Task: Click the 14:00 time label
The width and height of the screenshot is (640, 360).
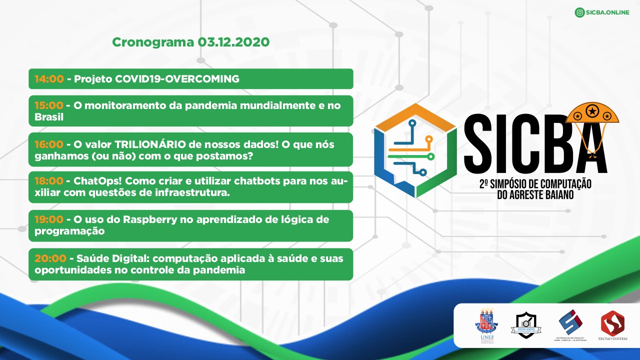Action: pos(49,79)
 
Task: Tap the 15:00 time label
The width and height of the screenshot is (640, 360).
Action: pos(49,105)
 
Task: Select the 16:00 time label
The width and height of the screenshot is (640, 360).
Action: pos(49,144)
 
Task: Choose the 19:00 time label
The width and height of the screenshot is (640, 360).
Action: pos(49,219)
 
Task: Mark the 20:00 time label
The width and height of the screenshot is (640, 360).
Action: pos(50,258)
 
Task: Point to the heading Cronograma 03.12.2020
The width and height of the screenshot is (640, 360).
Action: pos(190,42)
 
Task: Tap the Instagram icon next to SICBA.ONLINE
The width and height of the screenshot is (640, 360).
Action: pos(580,12)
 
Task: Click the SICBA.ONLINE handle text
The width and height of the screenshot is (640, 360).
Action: pos(607,12)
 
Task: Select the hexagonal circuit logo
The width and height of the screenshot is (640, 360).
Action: pos(415,150)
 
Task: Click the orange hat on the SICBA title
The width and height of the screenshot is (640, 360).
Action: pos(592,112)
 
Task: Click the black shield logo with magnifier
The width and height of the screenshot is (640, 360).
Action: pos(526,324)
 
